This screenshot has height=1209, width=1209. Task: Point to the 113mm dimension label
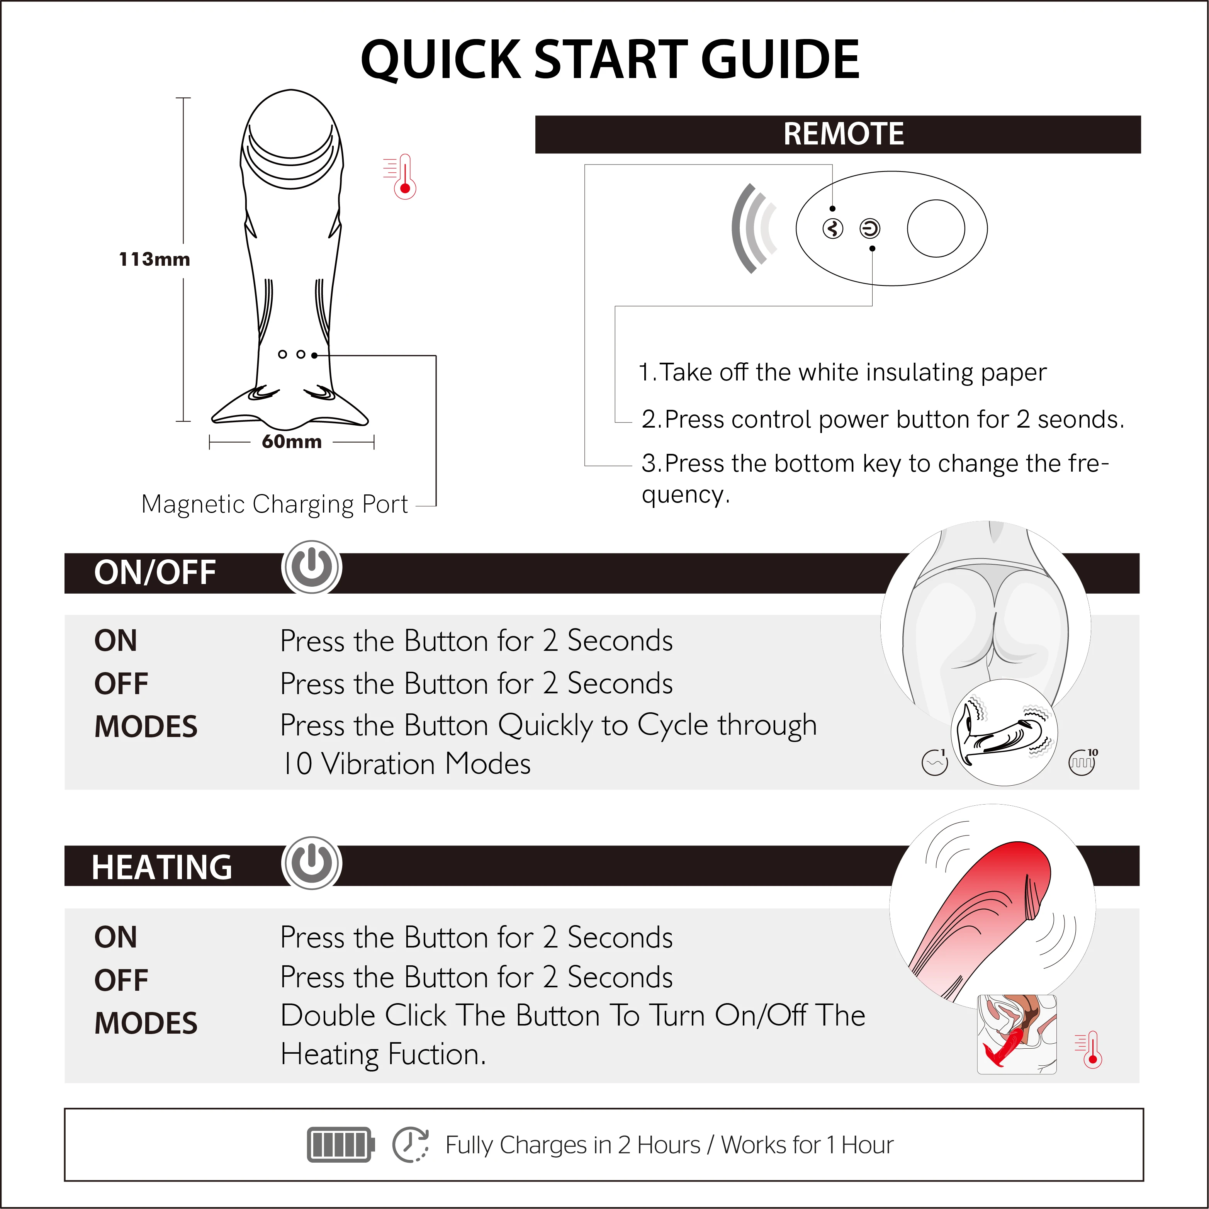[x=155, y=259]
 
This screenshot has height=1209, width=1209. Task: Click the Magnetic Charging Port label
[x=275, y=504]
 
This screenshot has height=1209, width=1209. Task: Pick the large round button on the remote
[x=936, y=228]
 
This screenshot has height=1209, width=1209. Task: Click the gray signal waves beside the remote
[x=754, y=228]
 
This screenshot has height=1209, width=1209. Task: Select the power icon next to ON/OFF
[x=312, y=567]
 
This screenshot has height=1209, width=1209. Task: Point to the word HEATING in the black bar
[x=162, y=867]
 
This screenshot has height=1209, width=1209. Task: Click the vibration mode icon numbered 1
[x=935, y=762]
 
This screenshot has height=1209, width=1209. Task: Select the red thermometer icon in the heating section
[x=1090, y=1050]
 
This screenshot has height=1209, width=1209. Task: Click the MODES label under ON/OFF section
[x=146, y=727]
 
